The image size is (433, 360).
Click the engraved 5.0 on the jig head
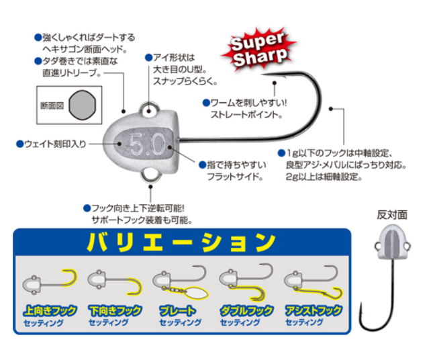click(x=147, y=144)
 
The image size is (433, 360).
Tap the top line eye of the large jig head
click(x=149, y=109)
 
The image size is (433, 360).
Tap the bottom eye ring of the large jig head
click(x=151, y=175)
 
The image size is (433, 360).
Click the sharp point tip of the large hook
click(x=262, y=75)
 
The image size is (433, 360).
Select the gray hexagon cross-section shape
click(x=83, y=105)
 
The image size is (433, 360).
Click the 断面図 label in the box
click(x=52, y=106)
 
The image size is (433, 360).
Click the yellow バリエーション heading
click(x=181, y=242)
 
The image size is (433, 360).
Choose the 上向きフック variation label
click(x=50, y=311)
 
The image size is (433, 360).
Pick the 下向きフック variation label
click(x=115, y=311)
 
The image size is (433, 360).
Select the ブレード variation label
click(x=177, y=311)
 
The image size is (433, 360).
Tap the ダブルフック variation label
click(x=246, y=311)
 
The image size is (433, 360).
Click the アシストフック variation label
click(x=314, y=310)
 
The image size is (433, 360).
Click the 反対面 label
click(x=392, y=215)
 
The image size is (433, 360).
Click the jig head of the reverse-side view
click(x=393, y=242)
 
